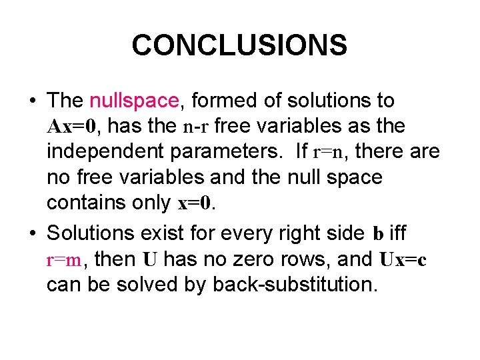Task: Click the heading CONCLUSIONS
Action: coord(239,45)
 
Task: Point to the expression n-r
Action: coord(197,126)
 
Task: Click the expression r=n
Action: coord(328,151)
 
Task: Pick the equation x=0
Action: coord(197,203)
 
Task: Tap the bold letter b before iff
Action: coord(378,233)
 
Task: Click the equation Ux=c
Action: coord(403,259)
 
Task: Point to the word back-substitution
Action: coord(295,284)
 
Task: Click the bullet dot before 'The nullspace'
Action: coord(32,101)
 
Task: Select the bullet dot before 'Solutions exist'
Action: coord(32,233)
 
